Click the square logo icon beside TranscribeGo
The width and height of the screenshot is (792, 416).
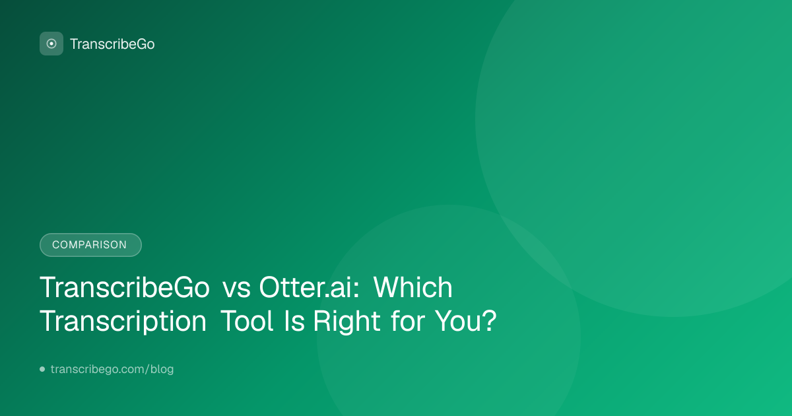(51, 44)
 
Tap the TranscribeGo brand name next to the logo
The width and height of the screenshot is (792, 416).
(112, 44)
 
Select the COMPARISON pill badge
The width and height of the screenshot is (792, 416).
(90, 245)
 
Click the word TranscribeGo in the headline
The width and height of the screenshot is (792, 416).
(125, 287)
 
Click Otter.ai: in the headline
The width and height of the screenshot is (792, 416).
(310, 287)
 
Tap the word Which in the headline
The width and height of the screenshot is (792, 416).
(413, 287)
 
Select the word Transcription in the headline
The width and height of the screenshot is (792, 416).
(123, 322)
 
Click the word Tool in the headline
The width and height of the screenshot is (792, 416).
(247, 321)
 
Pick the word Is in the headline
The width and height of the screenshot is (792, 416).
(294, 321)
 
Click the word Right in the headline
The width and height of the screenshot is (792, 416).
(346, 322)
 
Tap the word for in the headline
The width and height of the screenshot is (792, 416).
(408, 321)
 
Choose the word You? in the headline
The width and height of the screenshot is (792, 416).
(466, 321)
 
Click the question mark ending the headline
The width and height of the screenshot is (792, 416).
(490, 321)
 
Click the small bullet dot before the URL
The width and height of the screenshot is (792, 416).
(42, 369)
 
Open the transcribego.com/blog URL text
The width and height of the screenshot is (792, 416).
(112, 369)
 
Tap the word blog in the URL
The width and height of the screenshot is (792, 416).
(162, 369)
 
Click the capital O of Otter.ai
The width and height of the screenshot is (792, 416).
(270, 287)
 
